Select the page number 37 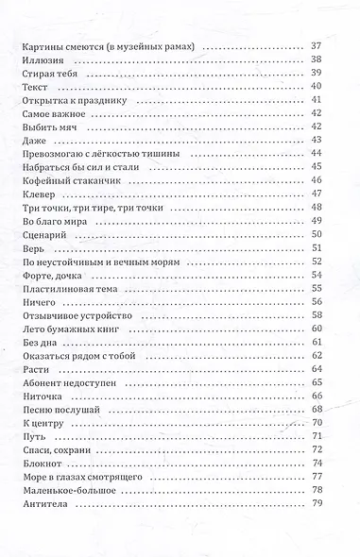pyautogui.click(x=317, y=45)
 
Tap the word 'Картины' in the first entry pyautogui.click(x=42, y=45)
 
